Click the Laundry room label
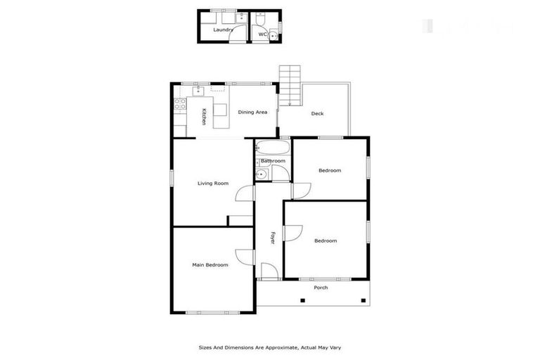click(223, 30)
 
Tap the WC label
click(262, 34)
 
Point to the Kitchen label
click(204, 117)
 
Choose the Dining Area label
click(252, 112)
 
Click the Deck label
click(317, 113)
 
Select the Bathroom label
click(273, 161)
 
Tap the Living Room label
click(212, 184)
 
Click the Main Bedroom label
click(210, 265)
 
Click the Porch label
click(321, 288)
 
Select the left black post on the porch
click(302, 301)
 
